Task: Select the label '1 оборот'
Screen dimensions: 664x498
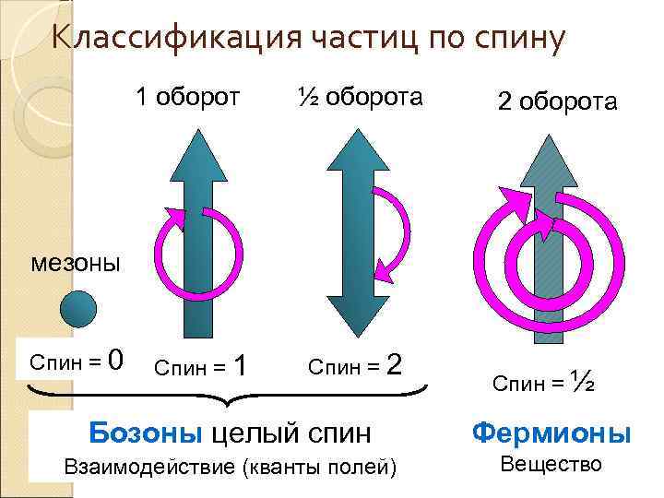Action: click(x=188, y=96)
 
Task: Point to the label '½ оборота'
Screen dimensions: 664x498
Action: click(x=361, y=96)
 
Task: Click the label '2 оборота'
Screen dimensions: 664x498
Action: click(x=557, y=101)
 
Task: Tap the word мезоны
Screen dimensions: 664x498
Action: click(x=76, y=263)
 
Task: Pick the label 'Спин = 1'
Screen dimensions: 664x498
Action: click(x=200, y=367)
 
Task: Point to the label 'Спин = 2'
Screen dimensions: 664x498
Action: click(x=354, y=365)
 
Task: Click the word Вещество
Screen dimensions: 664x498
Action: click(x=551, y=464)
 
